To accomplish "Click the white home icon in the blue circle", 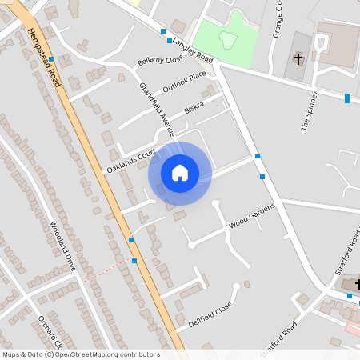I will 180,173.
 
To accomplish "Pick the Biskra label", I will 194,107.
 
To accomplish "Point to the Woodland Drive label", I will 62,245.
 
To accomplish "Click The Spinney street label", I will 310,111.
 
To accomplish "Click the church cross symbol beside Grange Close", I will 298,58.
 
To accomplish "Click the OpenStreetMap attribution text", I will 81,354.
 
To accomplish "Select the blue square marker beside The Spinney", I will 347,98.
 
